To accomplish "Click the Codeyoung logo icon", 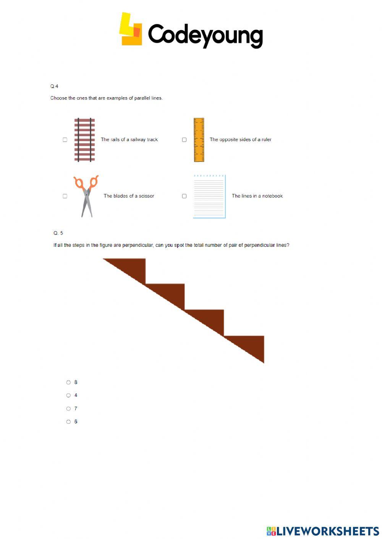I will click(x=131, y=30).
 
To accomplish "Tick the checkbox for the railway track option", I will click(x=65, y=140).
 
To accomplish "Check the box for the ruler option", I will click(x=184, y=140).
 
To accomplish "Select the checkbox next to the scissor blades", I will click(x=65, y=196).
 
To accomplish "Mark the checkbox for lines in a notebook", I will click(x=184, y=196).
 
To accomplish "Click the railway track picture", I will click(x=84, y=140).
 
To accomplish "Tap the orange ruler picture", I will click(x=199, y=140).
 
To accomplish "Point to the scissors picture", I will click(x=87, y=196).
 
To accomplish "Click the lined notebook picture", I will click(x=209, y=196).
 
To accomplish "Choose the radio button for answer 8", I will click(x=68, y=382).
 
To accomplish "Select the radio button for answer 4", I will click(x=68, y=396).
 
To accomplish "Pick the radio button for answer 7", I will click(x=68, y=409).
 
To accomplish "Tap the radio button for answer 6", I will click(x=68, y=422).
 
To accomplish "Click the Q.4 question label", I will click(x=54, y=86).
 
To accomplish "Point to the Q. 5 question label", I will click(x=58, y=233).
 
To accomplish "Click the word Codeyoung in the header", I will click(x=205, y=35).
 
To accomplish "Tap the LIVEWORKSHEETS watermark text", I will click(x=327, y=531).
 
